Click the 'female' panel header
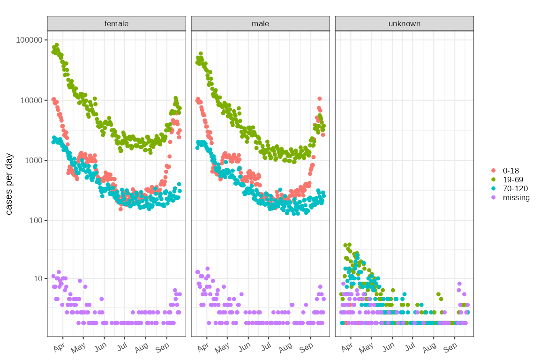click(116, 23)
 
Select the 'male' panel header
click(260, 23)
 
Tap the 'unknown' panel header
click(404, 23)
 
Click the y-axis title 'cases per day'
click(9, 184)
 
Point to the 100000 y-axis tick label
click(29, 40)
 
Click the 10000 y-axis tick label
click(30, 100)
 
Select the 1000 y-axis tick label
click(32, 160)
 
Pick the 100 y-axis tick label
click(34, 220)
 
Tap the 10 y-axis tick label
click(36, 278)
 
